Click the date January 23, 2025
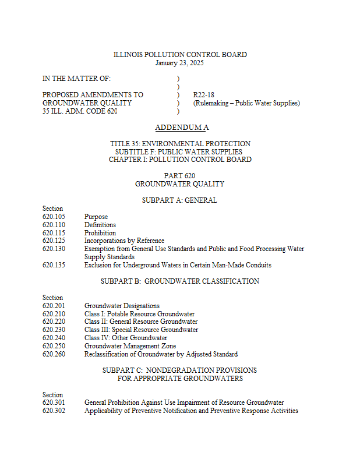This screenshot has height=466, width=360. point(179,63)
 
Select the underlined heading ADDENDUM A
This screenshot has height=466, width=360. point(182,128)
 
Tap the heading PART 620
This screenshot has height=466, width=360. point(179,176)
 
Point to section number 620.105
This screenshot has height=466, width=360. point(54,217)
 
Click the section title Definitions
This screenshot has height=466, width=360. point(100,225)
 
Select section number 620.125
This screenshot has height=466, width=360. point(54,241)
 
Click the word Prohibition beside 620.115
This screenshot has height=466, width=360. point(100,233)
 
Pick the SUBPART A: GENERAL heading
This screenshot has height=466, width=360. point(179,200)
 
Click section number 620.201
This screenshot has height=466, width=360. point(54,306)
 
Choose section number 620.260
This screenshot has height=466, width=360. point(54,354)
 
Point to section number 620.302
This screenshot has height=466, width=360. point(54,411)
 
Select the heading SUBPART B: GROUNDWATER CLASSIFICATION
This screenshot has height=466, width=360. point(179,281)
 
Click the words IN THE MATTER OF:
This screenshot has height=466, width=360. point(76,79)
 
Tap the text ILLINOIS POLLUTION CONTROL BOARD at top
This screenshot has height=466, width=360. point(179,55)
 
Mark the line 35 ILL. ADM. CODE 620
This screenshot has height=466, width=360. point(80,111)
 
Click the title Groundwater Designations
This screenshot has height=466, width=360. point(122,306)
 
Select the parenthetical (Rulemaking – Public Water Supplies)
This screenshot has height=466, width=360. point(246,103)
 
